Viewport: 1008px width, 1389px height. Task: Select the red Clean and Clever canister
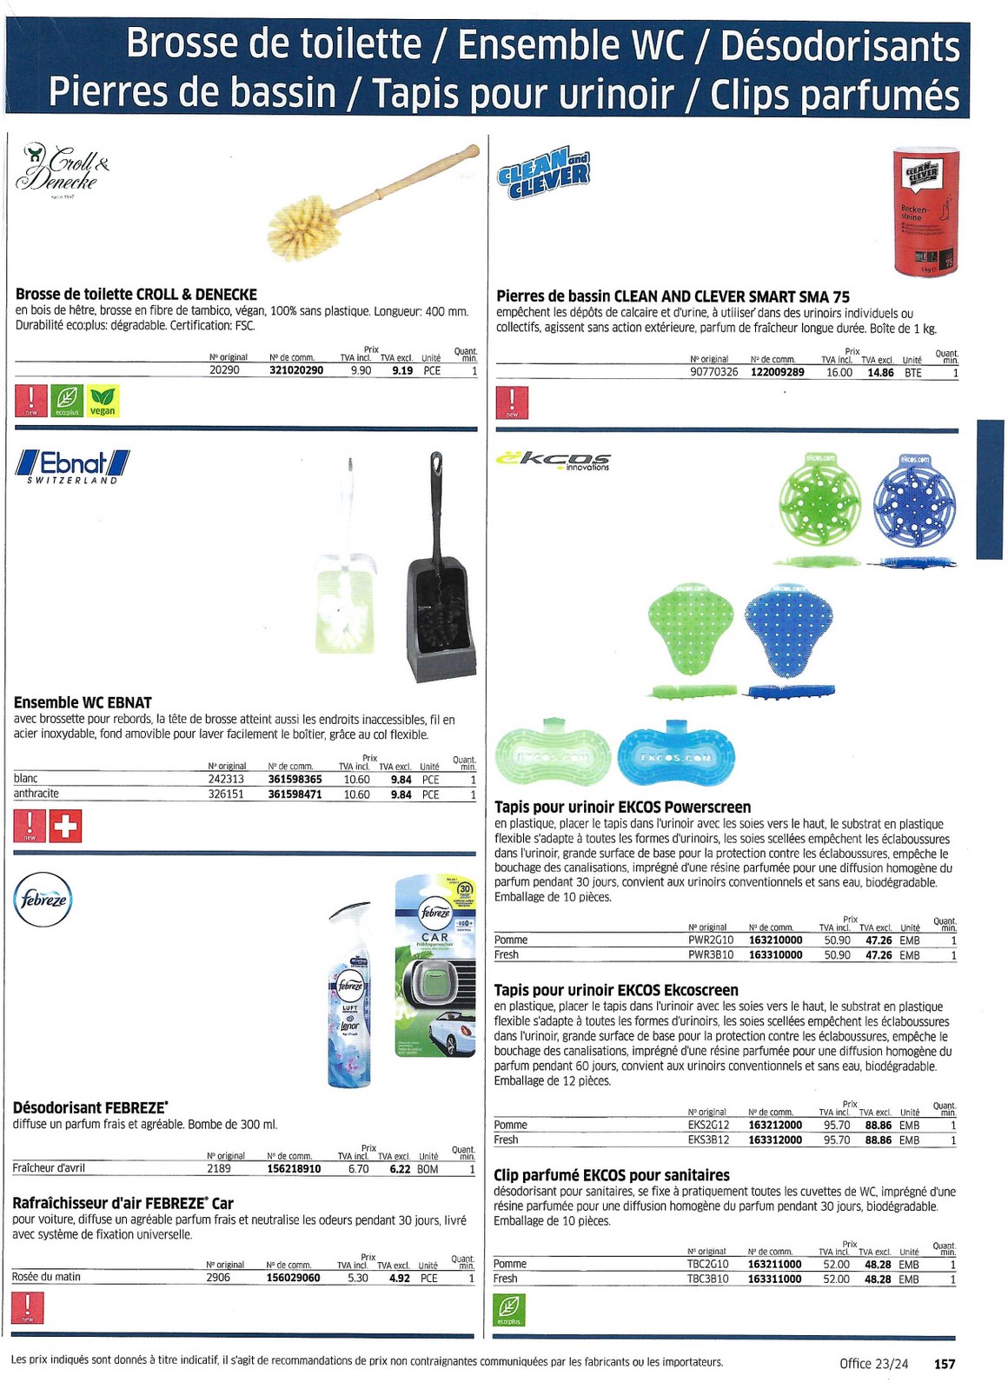[x=926, y=212]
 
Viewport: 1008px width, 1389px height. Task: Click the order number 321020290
[x=295, y=370]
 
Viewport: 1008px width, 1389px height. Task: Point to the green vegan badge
[x=103, y=401]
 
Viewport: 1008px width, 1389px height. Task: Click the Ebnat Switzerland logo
[x=73, y=467]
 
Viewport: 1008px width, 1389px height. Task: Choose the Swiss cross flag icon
[x=65, y=826]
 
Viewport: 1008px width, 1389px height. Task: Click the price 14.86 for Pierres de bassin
[x=879, y=373]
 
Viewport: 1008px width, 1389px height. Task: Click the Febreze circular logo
[x=43, y=899]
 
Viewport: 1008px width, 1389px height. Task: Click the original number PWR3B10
[x=710, y=954]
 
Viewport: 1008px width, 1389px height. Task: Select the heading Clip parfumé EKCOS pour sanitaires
[x=611, y=1174]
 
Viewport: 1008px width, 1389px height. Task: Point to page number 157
[x=944, y=1364]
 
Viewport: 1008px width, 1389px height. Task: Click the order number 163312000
[x=775, y=1140]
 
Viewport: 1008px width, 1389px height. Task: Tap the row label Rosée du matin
[x=46, y=1277]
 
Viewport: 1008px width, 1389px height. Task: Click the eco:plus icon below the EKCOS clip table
[x=509, y=1310]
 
